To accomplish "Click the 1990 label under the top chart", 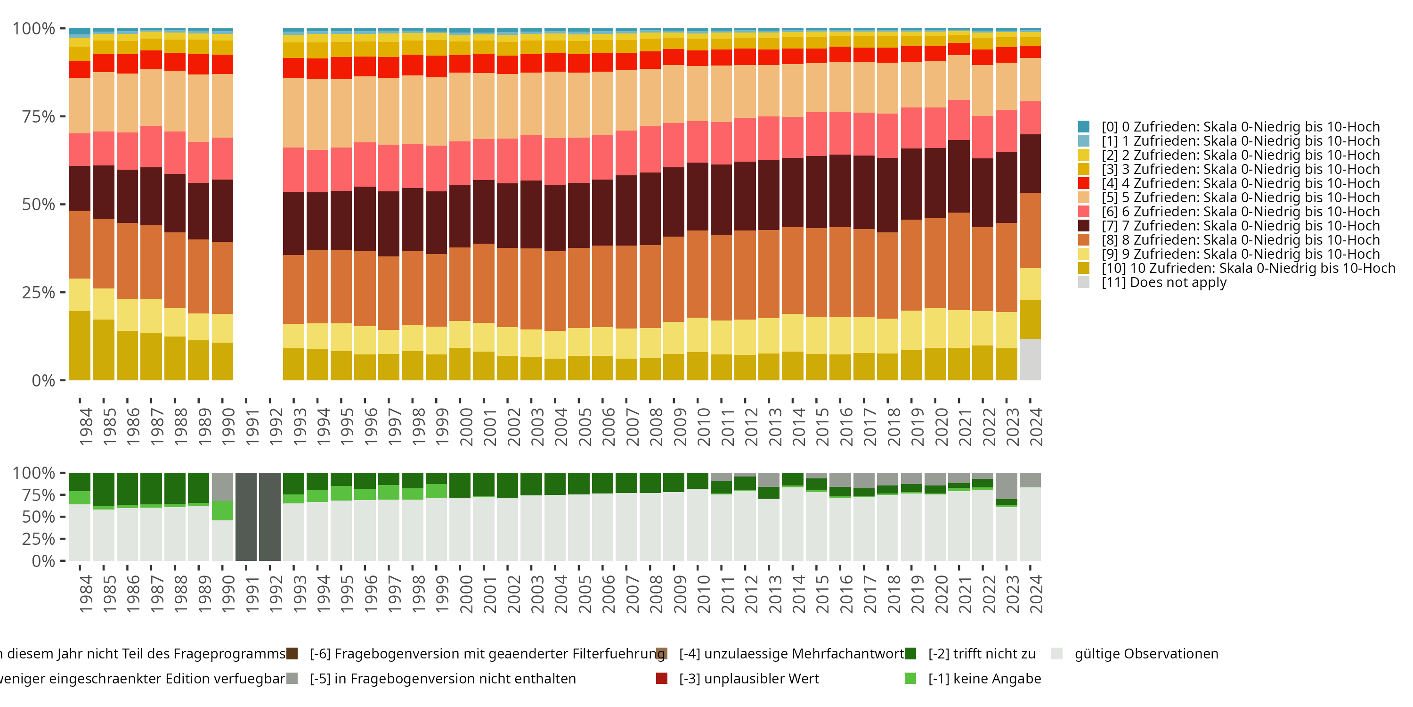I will point(228,427).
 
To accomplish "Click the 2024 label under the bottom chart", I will point(1036,594).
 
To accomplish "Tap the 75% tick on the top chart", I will point(39,116).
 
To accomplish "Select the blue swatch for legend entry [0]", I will point(1083,127).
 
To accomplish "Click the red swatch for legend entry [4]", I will point(1083,183).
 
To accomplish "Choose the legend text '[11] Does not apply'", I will point(1164,283).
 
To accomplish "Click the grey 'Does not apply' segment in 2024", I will point(1030,360).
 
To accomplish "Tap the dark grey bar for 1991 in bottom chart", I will point(246,517).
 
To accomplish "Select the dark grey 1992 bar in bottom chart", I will point(270,517).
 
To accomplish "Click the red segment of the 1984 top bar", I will point(80,69).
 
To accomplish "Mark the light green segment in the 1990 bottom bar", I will point(223,510).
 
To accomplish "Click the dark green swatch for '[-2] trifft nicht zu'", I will point(910,654).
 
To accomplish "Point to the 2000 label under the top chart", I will point(466,427).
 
